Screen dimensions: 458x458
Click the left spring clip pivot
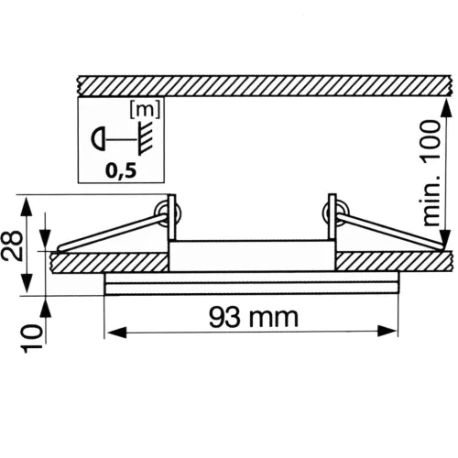tap(167, 212)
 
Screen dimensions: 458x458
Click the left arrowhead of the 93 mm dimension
tap(113, 331)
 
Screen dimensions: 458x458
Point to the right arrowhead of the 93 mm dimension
tap(394, 331)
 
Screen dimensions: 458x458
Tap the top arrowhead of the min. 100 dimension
tap(445, 104)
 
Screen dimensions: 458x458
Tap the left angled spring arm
tap(110, 231)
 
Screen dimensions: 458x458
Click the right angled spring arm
tap(389, 231)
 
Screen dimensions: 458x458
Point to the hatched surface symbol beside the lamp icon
tap(142, 140)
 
